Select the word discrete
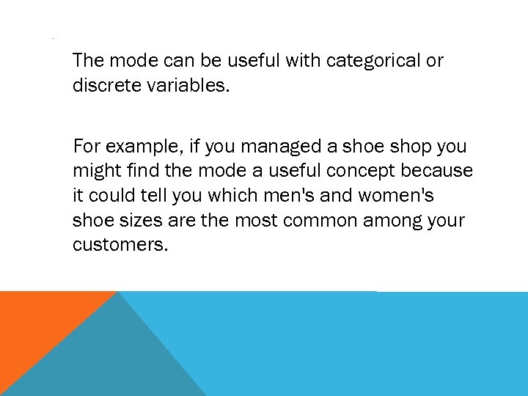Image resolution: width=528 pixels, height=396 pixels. coord(107,86)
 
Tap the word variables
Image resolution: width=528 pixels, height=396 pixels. coord(188,86)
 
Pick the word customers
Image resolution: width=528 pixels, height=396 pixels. coord(120,244)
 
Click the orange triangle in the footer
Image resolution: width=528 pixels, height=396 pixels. coord(37,323)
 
